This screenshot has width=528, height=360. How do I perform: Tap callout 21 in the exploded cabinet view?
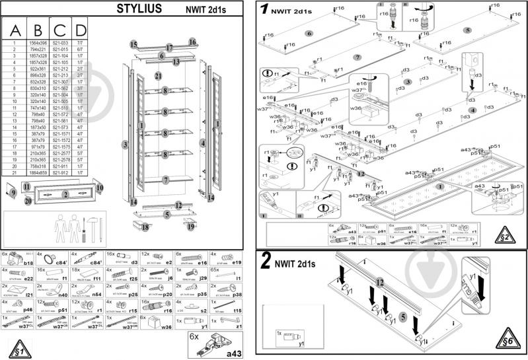tap(159, 76)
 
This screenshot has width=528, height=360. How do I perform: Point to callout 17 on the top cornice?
tap(169, 48)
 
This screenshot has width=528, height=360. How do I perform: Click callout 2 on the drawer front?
tap(65, 194)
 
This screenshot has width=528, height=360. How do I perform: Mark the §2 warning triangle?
tap(505, 235)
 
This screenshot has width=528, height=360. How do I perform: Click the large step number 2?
tap(266, 263)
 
